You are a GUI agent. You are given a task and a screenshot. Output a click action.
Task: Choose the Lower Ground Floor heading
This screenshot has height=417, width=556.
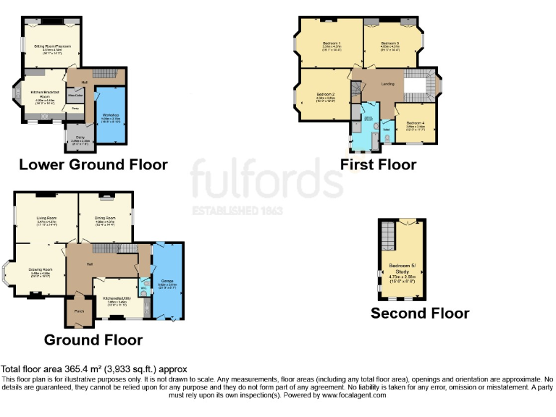pos(93,164)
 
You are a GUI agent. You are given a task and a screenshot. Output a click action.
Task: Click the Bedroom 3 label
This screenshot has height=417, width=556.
pos(390,43)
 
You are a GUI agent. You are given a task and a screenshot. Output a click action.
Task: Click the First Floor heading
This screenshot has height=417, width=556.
pos(378,164)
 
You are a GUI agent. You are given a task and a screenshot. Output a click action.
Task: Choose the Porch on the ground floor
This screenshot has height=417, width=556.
pos(79,311)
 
